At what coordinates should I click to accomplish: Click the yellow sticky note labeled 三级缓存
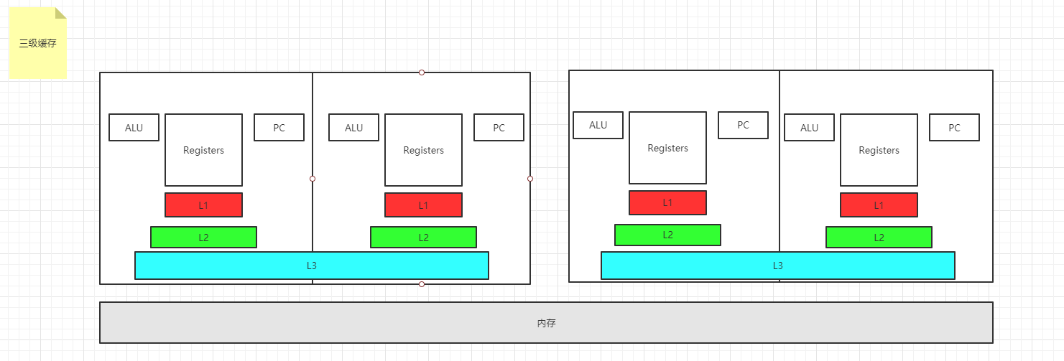[x=38, y=43]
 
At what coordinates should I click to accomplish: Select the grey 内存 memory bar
[x=546, y=322]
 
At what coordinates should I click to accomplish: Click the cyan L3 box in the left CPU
[x=311, y=266]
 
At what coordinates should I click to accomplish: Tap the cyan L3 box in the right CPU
[x=777, y=266]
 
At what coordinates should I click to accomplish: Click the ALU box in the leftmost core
[x=134, y=128]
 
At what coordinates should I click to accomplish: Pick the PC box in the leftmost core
[x=279, y=128]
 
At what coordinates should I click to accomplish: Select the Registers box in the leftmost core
[x=203, y=150]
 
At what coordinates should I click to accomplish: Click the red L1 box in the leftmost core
[x=203, y=205]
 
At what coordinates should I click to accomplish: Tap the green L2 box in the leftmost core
[x=203, y=237]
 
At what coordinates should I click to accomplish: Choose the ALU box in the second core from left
[x=353, y=128]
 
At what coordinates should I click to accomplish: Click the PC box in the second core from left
[x=499, y=128]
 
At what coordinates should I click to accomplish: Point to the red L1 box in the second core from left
[x=423, y=205]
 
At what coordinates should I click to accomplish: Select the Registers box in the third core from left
[x=667, y=148]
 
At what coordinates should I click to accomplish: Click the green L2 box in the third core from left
[x=667, y=235]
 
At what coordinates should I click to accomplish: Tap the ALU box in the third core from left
[x=598, y=125]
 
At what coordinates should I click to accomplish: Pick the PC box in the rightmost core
[x=954, y=128]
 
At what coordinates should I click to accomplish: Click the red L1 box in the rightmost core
[x=879, y=205]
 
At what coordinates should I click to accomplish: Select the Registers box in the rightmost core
[x=879, y=150]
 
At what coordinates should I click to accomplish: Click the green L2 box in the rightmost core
[x=879, y=237]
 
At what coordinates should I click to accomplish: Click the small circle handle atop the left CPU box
[x=422, y=72]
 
